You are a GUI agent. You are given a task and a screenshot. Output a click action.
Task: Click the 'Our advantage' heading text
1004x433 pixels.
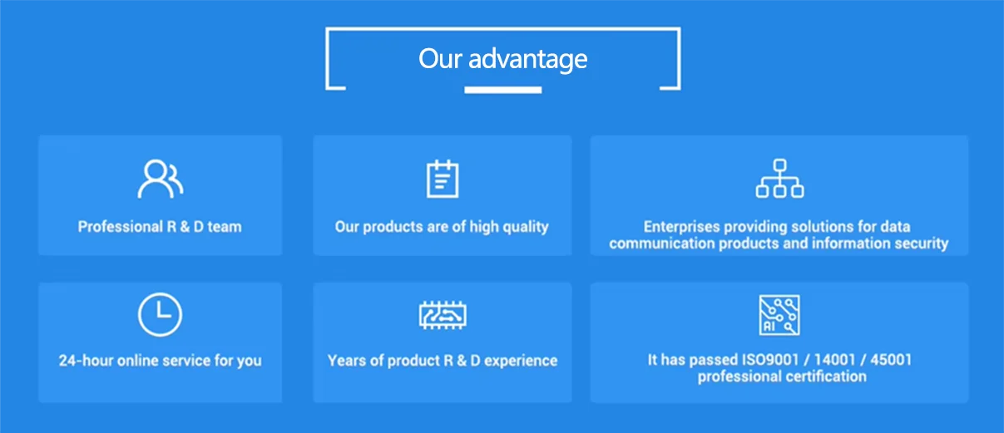(503, 59)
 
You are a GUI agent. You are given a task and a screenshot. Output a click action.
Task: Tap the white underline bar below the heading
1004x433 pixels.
(503, 90)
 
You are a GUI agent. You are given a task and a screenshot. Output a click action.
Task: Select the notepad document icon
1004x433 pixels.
(443, 179)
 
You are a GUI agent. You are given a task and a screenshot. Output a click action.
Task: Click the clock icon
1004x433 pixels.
(160, 314)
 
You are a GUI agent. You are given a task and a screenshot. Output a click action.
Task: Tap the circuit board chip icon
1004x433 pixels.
(443, 315)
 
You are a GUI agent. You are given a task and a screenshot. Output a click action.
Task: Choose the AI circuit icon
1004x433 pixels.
(779, 315)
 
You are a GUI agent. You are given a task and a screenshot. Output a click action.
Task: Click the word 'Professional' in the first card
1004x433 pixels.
(120, 227)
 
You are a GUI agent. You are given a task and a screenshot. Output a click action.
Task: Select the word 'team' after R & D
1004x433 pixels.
(225, 227)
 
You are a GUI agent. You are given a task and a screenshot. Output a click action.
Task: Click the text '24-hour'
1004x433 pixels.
(86, 361)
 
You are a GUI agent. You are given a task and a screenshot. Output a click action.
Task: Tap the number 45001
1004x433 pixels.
(891, 360)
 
